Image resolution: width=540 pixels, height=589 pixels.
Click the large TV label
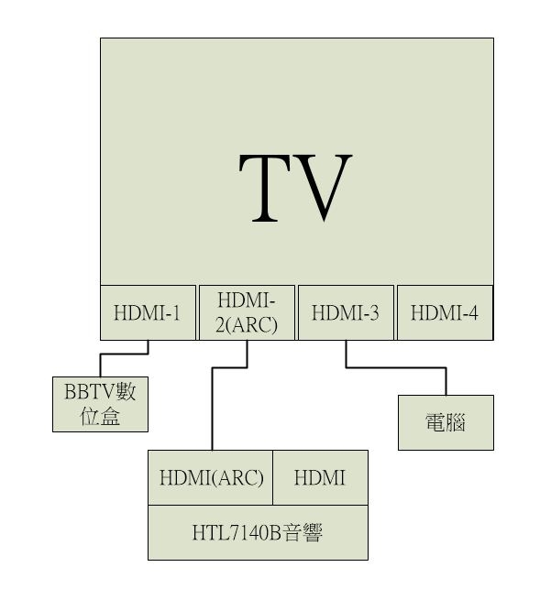295,187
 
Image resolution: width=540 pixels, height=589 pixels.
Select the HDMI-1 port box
148,312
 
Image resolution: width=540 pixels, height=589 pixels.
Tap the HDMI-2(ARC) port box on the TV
247,312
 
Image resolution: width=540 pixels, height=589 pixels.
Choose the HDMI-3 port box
346,312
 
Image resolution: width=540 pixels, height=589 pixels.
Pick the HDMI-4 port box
446,312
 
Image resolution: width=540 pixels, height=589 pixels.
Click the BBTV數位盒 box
101,404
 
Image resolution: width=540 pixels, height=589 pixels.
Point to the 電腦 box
446,422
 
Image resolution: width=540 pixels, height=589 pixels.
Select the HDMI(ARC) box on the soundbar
211,477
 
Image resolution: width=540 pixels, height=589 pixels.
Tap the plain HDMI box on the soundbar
320,477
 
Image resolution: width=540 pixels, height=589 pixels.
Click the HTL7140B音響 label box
258,532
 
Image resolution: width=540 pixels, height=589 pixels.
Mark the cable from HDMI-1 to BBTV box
124,354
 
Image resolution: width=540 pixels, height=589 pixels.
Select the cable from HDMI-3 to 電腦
395,367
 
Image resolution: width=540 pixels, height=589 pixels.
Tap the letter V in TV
324,188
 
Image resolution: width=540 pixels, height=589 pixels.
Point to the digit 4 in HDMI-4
473,312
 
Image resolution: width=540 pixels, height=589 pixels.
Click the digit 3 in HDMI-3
374,312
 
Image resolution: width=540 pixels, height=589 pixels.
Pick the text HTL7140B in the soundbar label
237,532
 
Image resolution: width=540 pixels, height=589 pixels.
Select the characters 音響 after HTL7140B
303,532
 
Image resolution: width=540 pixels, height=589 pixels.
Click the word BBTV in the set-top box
89,391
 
